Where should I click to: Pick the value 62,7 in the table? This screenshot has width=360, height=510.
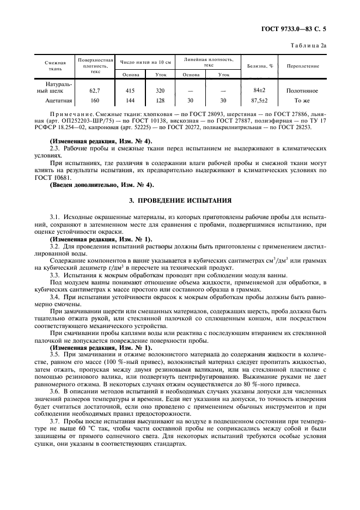coord(95,90)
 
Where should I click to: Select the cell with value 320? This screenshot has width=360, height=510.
coord(160,90)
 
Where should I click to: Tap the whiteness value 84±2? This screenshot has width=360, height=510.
coord(259,90)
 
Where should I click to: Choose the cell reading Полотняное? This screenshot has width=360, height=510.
coord(302,90)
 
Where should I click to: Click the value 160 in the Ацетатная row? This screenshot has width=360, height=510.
coord(95,100)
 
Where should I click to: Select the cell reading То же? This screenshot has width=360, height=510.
coord(302,100)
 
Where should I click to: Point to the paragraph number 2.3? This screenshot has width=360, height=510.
coord(54,149)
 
